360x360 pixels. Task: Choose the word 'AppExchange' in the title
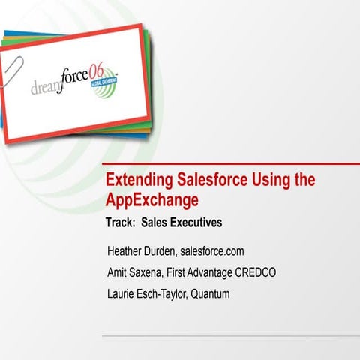point(151,200)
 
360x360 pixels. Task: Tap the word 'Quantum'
point(210,293)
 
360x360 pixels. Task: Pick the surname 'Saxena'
point(152,271)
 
